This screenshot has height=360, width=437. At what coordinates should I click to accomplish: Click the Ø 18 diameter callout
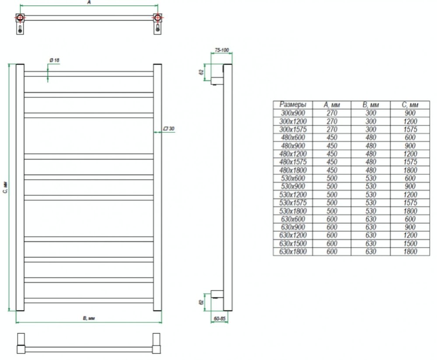(54, 60)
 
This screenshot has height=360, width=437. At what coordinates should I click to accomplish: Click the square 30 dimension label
(169, 128)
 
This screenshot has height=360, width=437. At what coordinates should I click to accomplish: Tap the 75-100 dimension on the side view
(222, 50)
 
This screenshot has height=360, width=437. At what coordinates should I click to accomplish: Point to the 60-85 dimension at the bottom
(219, 318)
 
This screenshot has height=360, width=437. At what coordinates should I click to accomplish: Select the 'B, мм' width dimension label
(89, 318)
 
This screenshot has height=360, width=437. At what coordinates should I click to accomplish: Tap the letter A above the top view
(89, 2)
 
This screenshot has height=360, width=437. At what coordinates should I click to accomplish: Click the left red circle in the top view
(20, 18)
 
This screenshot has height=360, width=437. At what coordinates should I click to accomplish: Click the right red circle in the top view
(158, 18)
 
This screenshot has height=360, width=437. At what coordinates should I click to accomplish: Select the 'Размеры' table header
(293, 104)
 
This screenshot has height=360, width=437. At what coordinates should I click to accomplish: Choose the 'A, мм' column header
(332, 105)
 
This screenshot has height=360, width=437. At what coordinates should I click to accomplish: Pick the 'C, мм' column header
(410, 105)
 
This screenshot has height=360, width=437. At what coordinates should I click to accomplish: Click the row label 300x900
(293, 113)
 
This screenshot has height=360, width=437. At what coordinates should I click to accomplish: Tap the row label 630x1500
(293, 243)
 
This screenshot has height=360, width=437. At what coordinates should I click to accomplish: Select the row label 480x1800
(293, 170)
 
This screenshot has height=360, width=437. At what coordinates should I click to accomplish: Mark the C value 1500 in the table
(410, 243)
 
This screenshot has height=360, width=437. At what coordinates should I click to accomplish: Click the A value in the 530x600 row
(332, 178)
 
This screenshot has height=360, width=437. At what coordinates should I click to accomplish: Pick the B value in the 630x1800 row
(371, 251)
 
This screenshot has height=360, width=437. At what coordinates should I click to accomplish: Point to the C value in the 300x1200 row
(410, 121)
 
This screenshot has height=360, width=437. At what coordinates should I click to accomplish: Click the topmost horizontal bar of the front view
(89, 74)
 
